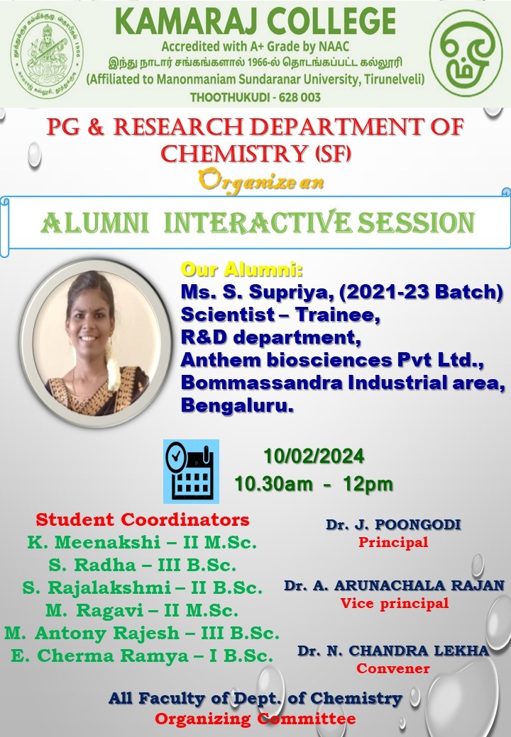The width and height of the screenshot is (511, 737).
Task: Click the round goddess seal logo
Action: (x=47, y=54)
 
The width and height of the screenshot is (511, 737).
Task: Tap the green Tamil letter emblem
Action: (x=466, y=54)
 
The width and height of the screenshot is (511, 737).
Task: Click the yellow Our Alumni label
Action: (x=242, y=269)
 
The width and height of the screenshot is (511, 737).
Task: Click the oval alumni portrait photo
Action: (x=96, y=344)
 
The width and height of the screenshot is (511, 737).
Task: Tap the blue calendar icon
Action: (x=191, y=471)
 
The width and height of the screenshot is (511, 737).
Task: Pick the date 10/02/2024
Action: (x=314, y=456)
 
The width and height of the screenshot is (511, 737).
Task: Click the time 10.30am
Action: (x=273, y=483)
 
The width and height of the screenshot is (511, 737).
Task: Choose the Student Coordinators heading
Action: (x=143, y=519)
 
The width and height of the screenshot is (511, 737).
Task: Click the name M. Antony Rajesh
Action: (x=92, y=633)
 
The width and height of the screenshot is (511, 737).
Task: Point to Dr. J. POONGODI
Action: (x=393, y=524)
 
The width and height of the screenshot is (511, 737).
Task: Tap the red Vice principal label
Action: (x=395, y=603)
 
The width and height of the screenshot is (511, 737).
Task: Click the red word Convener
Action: (x=393, y=668)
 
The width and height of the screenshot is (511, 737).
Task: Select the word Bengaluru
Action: (x=237, y=405)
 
